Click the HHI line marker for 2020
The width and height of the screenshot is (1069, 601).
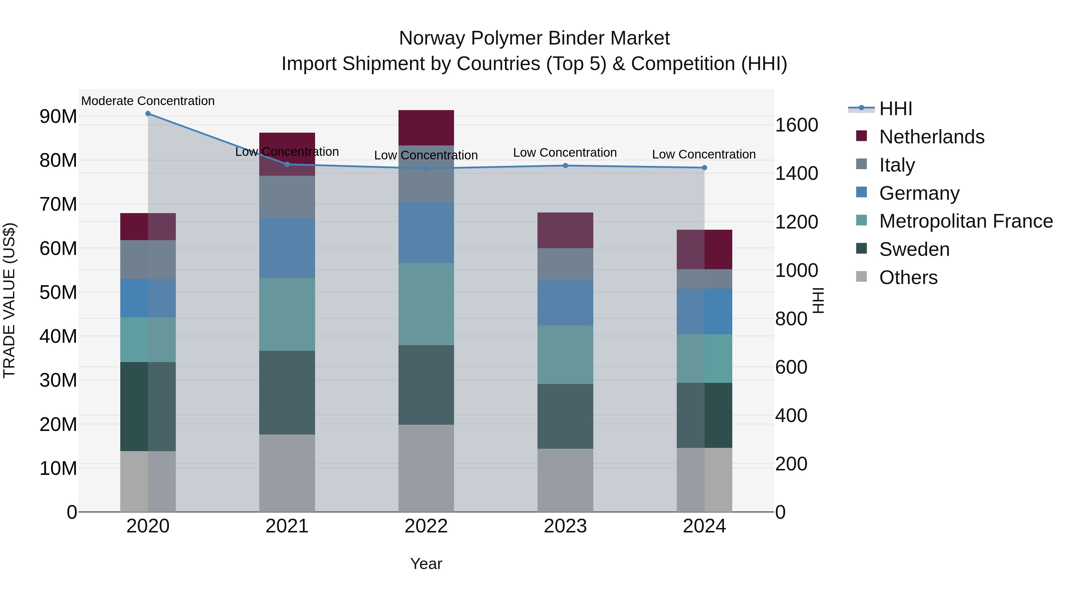(148, 114)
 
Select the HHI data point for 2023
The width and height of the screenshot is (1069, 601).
(565, 166)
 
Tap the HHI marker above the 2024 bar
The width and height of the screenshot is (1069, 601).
(704, 168)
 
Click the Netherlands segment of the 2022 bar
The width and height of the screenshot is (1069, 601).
(426, 128)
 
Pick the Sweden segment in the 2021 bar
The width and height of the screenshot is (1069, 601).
(287, 392)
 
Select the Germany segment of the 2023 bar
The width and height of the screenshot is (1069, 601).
(565, 302)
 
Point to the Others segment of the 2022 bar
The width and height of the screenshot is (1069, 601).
(426, 468)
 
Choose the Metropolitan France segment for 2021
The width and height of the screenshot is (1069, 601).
(287, 314)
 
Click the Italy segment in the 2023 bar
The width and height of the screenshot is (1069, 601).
(565, 264)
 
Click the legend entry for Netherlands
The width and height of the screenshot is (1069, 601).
(931, 137)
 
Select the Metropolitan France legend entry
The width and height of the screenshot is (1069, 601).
(966, 221)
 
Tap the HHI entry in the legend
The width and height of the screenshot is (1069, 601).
(896, 109)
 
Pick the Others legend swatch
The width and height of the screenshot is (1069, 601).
(861, 277)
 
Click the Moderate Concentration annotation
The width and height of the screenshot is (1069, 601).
(148, 101)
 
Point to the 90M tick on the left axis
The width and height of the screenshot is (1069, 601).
(58, 117)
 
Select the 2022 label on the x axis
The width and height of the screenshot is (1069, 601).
(426, 526)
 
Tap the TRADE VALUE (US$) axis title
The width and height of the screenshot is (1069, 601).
(9, 300)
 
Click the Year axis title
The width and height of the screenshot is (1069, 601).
(426, 564)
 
